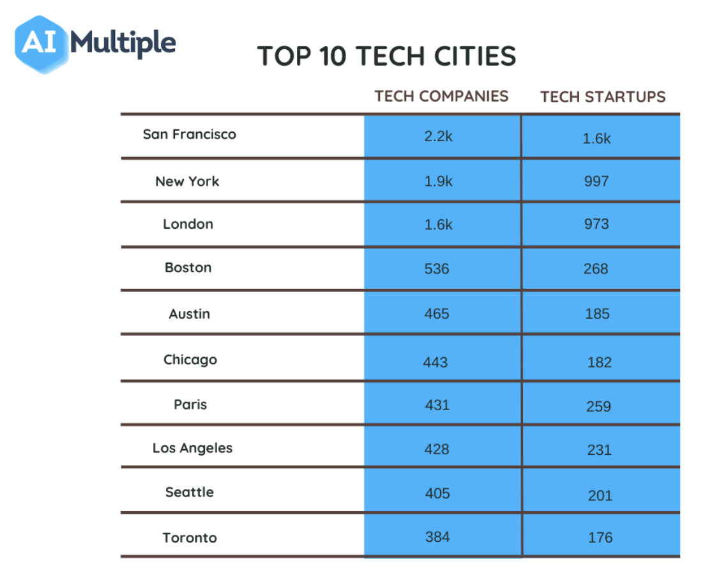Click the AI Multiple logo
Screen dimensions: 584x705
(95, 43)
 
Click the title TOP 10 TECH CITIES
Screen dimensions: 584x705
(386, 56)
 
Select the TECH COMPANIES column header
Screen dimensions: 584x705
(441, 96)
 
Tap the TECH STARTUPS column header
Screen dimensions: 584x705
(603, 96)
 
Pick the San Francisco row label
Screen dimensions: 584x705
(189, 134)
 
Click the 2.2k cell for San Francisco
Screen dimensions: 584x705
(438, 136)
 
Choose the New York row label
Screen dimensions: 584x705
(187, 181)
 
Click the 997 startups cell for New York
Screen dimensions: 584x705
(596, 181)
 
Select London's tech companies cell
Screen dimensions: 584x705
(438, 224)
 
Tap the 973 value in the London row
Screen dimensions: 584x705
(596, 224)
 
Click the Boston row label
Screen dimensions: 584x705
(188, 268)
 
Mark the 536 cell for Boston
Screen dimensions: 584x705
(437, 269)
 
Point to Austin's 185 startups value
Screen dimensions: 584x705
(597, 314)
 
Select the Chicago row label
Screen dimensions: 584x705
(190, 360)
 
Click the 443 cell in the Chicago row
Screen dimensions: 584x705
(436, 362)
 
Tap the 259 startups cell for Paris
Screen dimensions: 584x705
(598, 406)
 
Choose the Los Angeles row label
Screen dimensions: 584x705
(192, 448)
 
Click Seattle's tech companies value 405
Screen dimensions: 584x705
(437, 493)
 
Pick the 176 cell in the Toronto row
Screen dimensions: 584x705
(600, 538)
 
